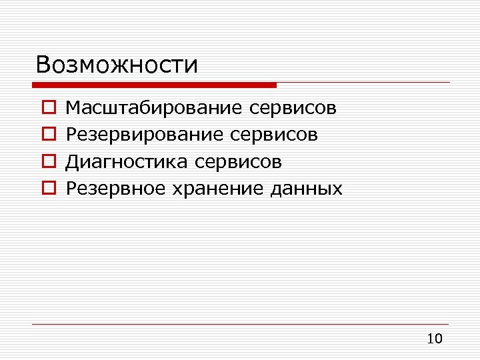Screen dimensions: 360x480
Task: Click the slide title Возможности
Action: [117, 65]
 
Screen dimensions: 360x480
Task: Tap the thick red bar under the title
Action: [154, 85]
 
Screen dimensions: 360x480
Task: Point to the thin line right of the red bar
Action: [363, 83]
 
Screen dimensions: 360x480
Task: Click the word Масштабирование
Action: [157, 107]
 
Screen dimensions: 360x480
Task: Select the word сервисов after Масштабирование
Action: [295, 107]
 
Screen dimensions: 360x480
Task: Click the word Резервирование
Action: [147, 135]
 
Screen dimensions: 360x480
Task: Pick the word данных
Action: [307, 189]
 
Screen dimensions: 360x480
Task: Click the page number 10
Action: [434, 339]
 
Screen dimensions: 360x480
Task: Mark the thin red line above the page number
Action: [240, 325]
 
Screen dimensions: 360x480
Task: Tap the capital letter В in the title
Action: [44, 65]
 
